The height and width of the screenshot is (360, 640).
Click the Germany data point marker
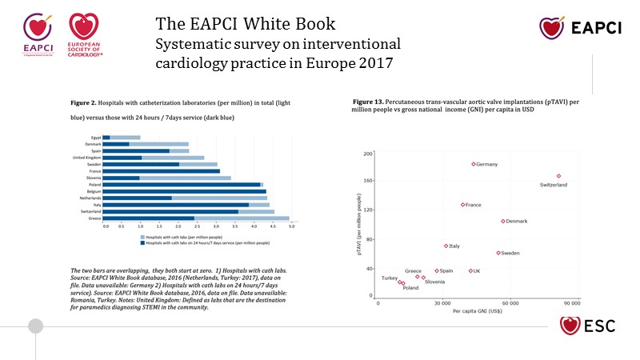tap(474, 164)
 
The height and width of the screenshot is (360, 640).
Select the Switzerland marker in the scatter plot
tap(558, 176)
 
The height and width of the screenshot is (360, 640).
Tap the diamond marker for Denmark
tap(503, 221)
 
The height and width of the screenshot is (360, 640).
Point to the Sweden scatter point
tap(498, 253)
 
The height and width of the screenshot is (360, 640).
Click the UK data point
tap(470, 270)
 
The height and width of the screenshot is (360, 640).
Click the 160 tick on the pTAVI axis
tap(369, 181)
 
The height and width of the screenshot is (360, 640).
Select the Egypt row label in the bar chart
tap(95, 138)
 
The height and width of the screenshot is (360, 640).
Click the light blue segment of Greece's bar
tap(242, 218)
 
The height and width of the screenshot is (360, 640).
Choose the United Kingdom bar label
tap(86, 158)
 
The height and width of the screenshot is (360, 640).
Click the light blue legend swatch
tap(142, 237)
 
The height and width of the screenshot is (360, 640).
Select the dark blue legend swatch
tap(142, 242)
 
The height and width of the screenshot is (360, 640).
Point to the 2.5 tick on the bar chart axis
tap(198, 227)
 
